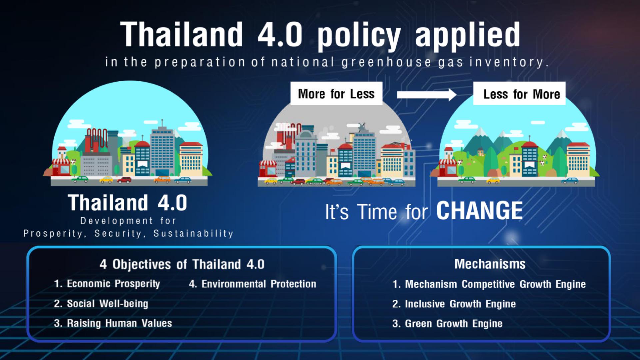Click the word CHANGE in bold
coord(479,211)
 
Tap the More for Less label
coord(336,94)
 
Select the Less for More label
coord(519,94)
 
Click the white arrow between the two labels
coord(427,94)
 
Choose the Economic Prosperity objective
coord(107,284)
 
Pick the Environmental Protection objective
coord(252,284)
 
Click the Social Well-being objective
coord(101,304)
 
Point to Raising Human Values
coord(113,323)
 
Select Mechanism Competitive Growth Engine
coord(489,284)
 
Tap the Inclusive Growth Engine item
coord(454,304)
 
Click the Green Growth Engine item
coord(447,323)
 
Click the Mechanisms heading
coord(490,264)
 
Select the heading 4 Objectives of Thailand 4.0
coord(182,264)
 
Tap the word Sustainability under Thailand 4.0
coord(193,233)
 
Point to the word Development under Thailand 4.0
coord(117,221)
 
